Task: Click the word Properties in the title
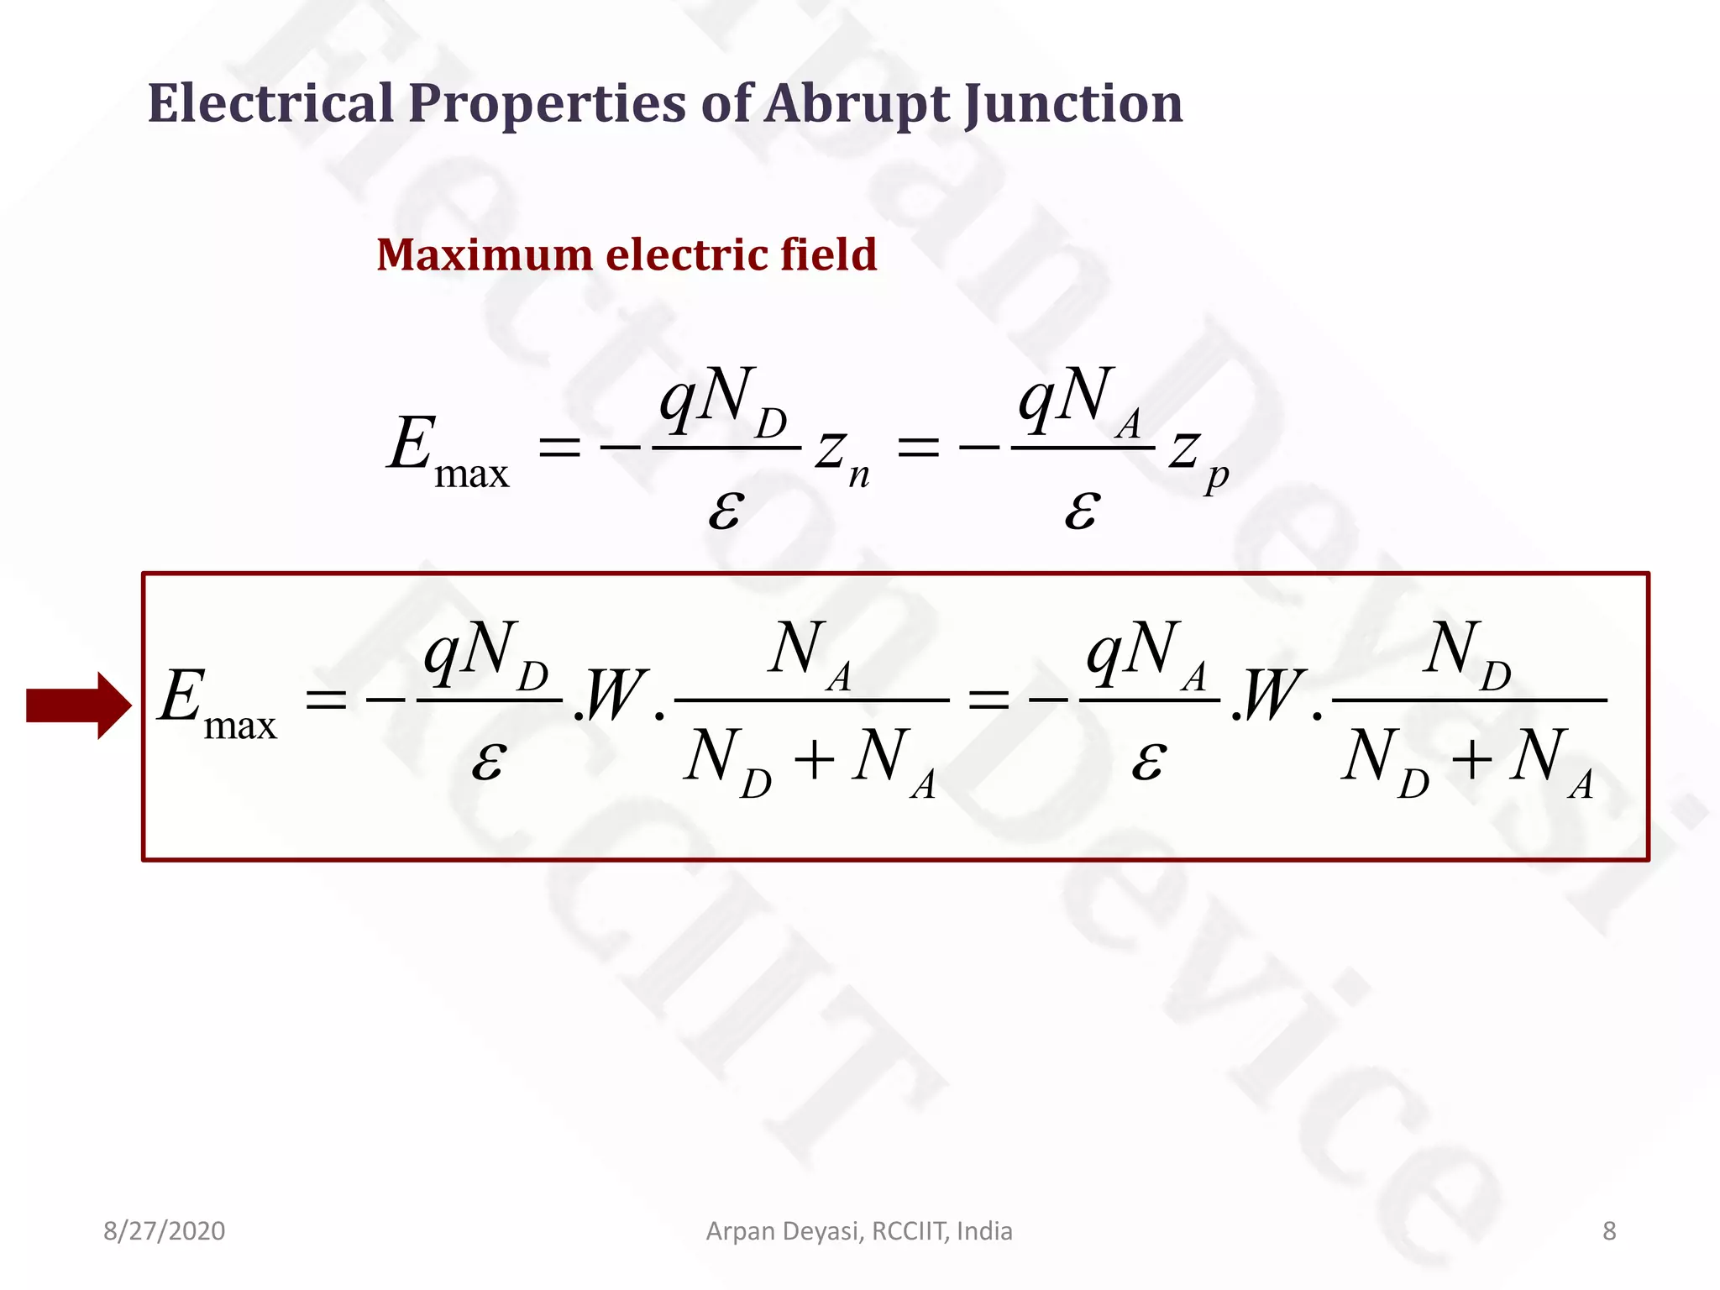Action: [x=547, y=105]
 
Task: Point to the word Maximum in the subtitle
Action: [x=484, y=254]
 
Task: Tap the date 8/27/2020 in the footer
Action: [x=164, y=1231]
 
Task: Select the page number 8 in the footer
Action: [x=1609, y=1231]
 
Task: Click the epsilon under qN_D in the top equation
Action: [x=726, y=508]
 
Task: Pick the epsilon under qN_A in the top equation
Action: [x=1082, y=508]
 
